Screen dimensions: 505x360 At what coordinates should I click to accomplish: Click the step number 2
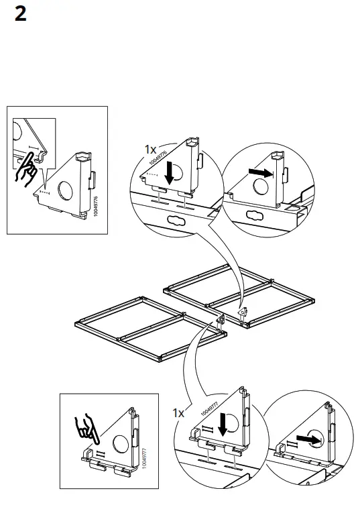[x=21, y=15]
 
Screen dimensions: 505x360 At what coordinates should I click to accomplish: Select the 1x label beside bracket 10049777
[x=178, y=413]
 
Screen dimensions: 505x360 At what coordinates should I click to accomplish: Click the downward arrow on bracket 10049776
[x=170, y=172]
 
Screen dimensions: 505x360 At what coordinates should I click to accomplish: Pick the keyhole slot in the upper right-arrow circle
[x=256, y=216]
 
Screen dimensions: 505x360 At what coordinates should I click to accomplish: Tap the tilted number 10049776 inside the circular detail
[x=160, y=154]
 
